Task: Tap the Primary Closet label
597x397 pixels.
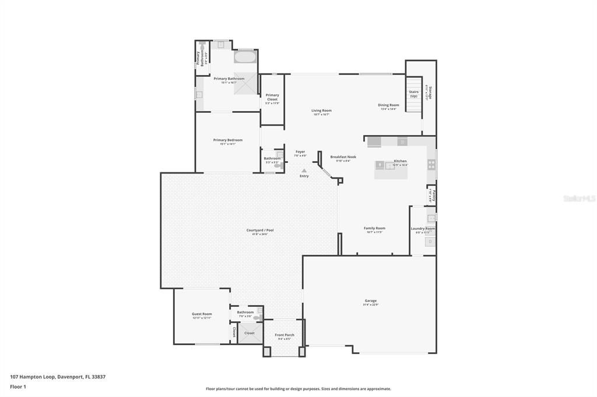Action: (x=272, y=97)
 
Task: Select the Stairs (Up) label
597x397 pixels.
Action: (x=413, y=94)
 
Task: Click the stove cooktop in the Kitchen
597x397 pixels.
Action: (x=431, y=164)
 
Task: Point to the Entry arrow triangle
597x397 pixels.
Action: (x=304, y=171)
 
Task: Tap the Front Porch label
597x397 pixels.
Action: (x=285, y=335)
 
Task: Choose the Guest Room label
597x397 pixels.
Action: (x=202, y=314)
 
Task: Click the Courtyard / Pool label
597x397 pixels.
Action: (x=260, y=231)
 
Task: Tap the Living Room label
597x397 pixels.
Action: (x=321, y=111)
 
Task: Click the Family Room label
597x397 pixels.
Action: (x=374, y=229)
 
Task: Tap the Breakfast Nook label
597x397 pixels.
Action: (x=343, y=157)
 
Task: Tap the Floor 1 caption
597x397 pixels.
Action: (x=18, y=387)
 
